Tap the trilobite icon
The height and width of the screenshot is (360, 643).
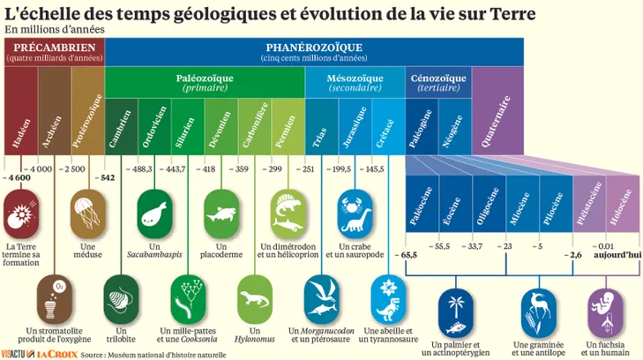119,299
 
